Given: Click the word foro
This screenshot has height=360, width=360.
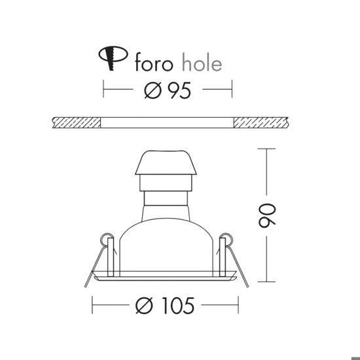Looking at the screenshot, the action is [x=154, y=62].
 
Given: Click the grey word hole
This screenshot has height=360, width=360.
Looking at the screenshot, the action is [x=202, y=62].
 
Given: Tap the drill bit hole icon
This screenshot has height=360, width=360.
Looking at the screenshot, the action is [x=113, y=58].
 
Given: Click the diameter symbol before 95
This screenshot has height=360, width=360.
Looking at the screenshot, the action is [x=153, y=90].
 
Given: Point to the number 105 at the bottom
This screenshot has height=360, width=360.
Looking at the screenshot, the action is [x=178, y=306].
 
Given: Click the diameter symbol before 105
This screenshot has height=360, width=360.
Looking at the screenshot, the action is [x=144, y=306].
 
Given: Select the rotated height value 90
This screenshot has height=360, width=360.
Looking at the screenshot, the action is [x=267, y=216].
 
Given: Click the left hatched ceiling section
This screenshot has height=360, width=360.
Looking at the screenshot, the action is [x=77, y=122].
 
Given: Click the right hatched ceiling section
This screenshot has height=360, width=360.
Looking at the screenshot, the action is [x=261, y=122].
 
